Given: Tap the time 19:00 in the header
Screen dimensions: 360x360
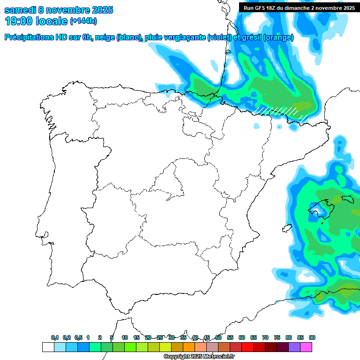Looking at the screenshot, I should coord(20,21).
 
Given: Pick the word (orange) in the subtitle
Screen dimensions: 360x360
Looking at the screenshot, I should coord(278,37).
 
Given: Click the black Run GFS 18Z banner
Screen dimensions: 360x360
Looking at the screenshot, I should coord(299,7).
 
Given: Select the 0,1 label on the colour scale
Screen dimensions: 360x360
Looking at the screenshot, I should coord(55,337).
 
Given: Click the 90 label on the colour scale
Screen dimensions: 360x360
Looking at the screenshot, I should coord(312,337).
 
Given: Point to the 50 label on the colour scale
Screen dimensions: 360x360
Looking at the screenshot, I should coord(218,337).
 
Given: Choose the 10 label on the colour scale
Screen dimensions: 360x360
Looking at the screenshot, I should coord(125,337).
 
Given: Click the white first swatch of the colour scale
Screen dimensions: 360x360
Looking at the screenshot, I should coord(48,347).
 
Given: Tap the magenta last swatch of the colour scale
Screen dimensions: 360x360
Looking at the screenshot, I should coord(306,347).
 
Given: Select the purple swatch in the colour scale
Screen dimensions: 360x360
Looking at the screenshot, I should coord(294,347).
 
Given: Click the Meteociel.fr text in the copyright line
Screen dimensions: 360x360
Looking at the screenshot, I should coord(207,357).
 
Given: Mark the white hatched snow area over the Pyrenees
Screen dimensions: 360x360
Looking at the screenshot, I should coord(281,112).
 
